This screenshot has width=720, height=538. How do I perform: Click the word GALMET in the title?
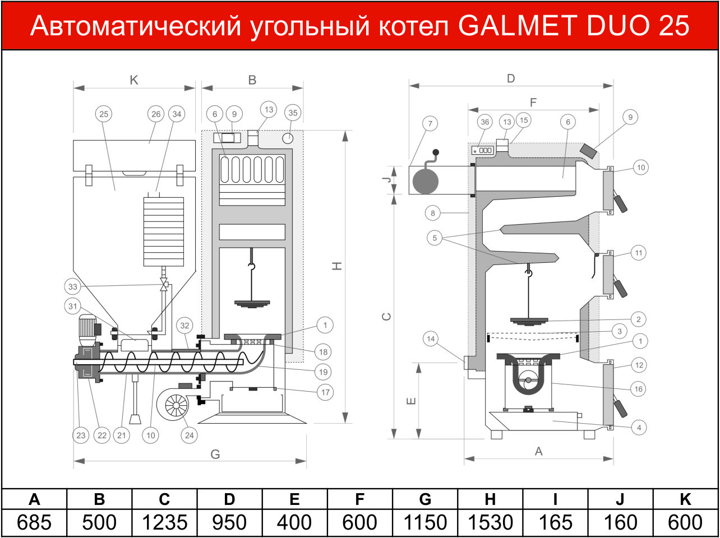coord(517,26)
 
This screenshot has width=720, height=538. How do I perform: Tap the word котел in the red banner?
coord(414,26)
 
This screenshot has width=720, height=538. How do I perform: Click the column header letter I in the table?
coord(555,499)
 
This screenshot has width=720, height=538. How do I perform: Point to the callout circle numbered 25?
coord(104,114)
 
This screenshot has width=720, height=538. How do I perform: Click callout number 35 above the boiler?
coord(293,113)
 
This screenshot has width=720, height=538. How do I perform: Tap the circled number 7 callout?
coord(430,124)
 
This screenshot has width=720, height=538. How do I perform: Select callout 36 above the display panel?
coord(485,122)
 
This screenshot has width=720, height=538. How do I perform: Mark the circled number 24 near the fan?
coord(190,435)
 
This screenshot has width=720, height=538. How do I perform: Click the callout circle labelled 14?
coord(431,338)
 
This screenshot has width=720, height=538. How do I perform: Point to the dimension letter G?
coord(215,454)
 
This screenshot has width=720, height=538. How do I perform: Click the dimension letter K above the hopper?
coord(134,80)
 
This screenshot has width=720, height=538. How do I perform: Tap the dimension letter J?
coord(387,180)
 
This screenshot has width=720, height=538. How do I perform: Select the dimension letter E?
coord(411,401)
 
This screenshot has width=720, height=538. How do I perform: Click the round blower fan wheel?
coord(176,406)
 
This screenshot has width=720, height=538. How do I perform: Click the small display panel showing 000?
coord(482,150)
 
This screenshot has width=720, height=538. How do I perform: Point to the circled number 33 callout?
coord(72,286)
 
